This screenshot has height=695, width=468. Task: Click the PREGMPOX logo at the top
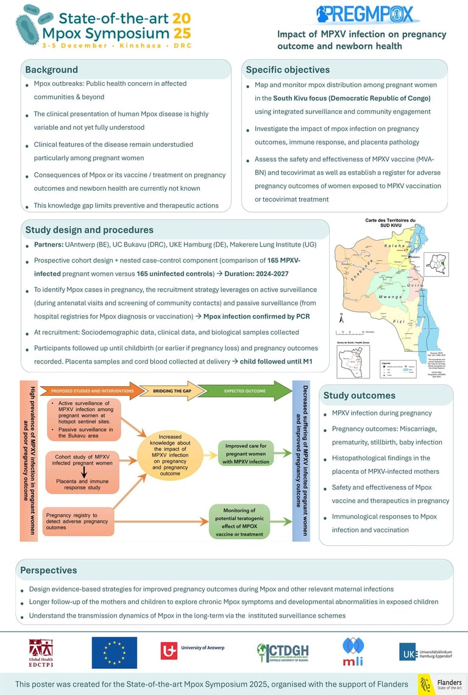[365, 14]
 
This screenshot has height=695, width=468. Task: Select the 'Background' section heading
[51, 69]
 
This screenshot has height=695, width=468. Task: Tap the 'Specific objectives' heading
[288, 69]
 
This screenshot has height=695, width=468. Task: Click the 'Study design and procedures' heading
[89, 230]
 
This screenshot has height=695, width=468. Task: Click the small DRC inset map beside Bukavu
[437, 264]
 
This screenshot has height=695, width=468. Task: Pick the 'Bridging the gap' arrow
[165, 390]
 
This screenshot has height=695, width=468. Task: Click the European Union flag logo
[114, 652]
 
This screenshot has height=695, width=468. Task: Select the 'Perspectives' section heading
[49, 570]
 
